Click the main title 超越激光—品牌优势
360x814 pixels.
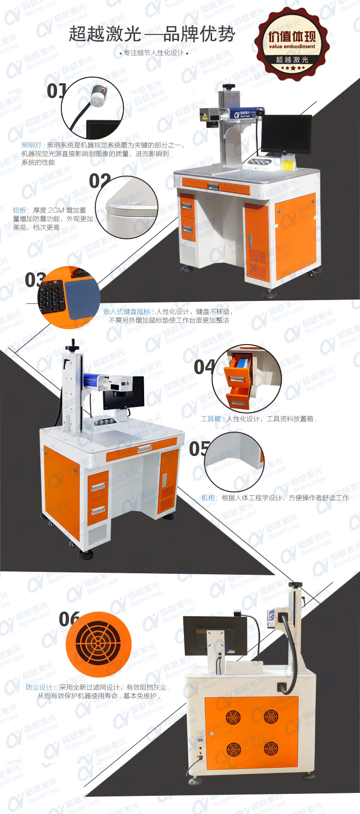coord(152,34)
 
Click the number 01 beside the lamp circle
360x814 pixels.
coord(56,90)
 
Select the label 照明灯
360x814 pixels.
coord(32,145)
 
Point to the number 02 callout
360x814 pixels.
coord(100,181)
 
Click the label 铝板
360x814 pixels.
coord(20,210)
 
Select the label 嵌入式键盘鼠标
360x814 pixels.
coord(126,312)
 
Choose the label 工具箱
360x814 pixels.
coord(211,419)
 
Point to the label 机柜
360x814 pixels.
coord(208,498)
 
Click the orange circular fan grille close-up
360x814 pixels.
coord(98,644)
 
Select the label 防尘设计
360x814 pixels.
coord(40,687)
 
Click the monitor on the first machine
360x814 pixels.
coord(286,134)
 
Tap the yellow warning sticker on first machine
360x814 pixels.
coord(288,165)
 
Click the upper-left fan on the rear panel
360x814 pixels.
coord(233,716)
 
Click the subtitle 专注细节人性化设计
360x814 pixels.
coord(153,53)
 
